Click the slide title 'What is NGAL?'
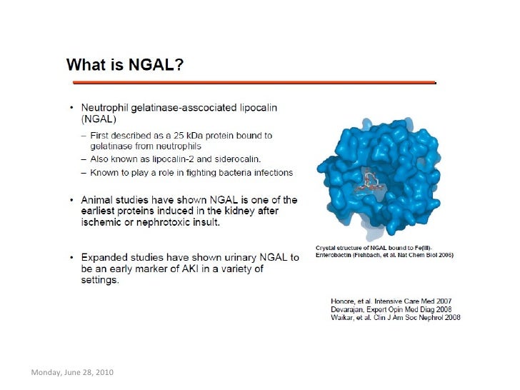point(126,66)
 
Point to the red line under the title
point(250,82)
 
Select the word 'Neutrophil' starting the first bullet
point(107,108)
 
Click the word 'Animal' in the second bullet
point(101,199)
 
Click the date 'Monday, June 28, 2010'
point(71,374)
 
